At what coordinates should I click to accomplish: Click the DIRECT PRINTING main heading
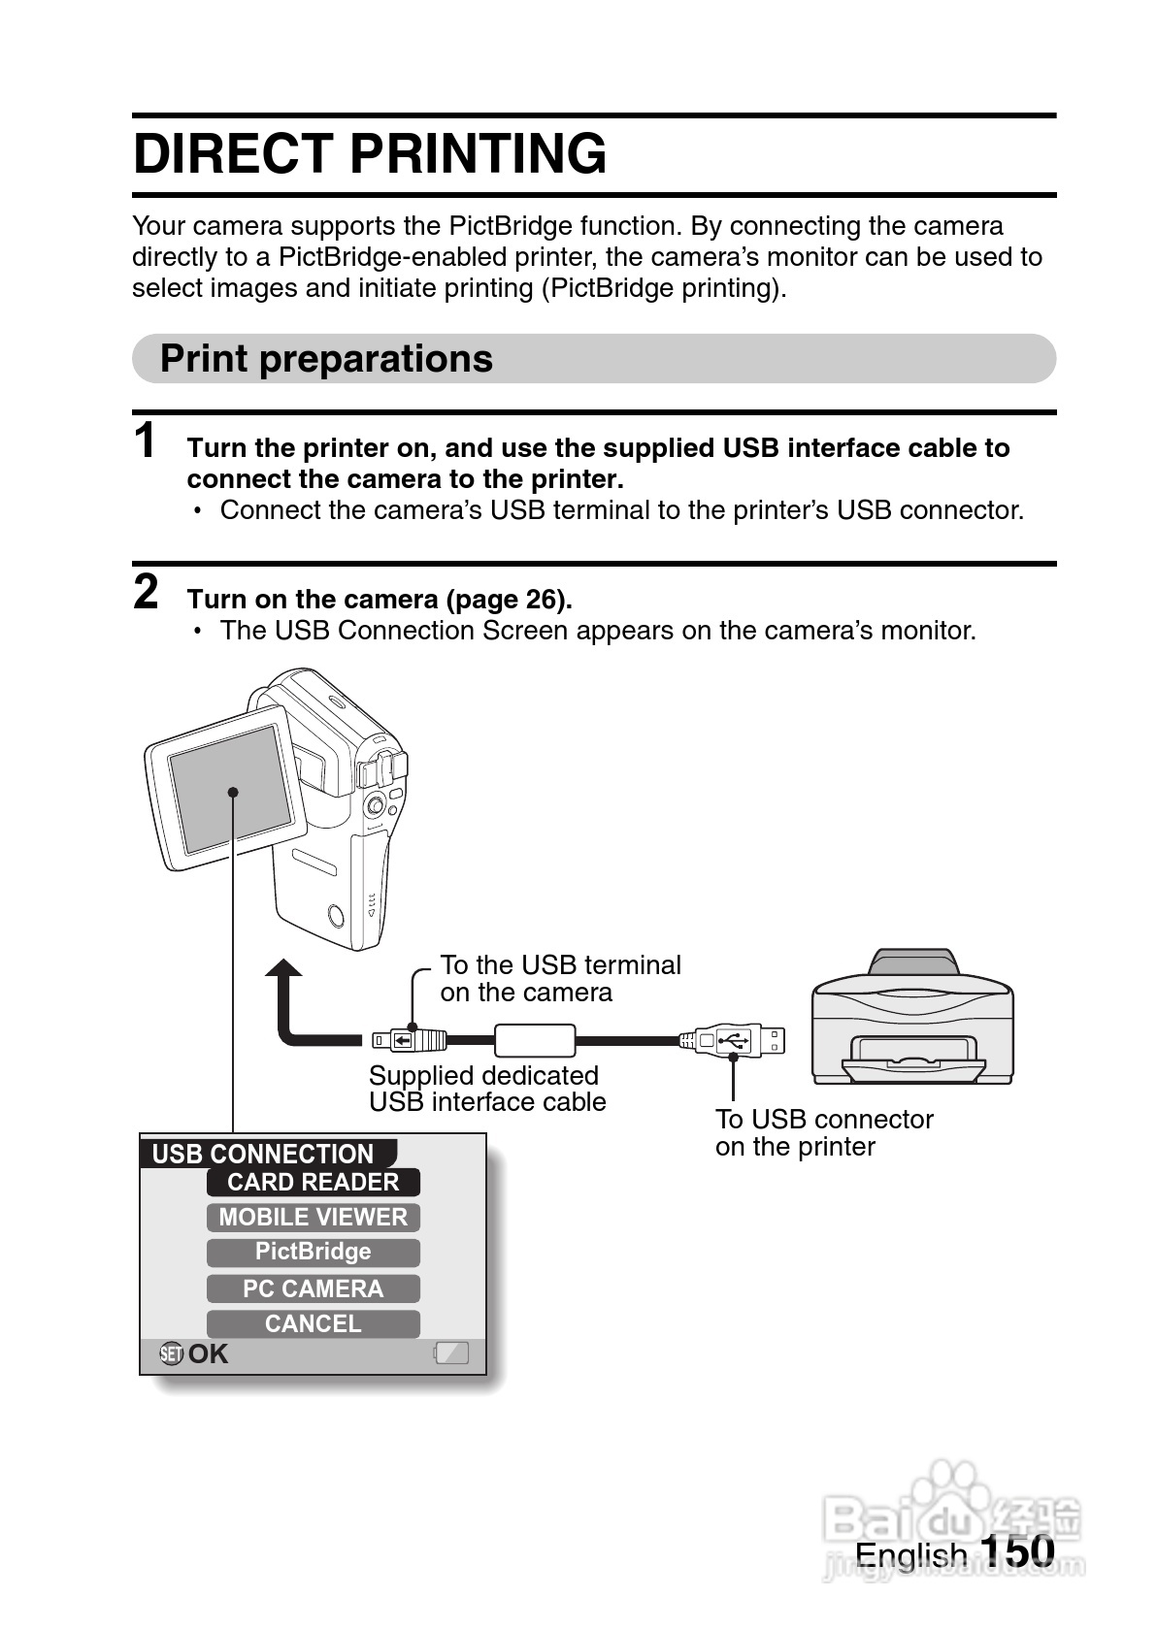370,154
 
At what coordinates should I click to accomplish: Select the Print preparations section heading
326,359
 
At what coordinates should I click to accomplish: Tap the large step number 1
146,441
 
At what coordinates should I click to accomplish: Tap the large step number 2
146,592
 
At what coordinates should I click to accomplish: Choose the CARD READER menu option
313,1182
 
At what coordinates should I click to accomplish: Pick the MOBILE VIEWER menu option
313,1217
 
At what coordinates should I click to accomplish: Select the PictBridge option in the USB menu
313,1252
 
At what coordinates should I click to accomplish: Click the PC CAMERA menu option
313,1288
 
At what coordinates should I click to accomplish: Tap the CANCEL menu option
313,1323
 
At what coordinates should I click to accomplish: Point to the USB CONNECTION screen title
264,1154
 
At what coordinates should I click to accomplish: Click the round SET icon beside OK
171,1353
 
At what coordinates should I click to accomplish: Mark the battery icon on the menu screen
451,1353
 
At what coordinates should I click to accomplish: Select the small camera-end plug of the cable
409,1041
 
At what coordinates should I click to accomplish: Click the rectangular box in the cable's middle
535,1040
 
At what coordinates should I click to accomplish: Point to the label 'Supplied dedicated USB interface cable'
486,1089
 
